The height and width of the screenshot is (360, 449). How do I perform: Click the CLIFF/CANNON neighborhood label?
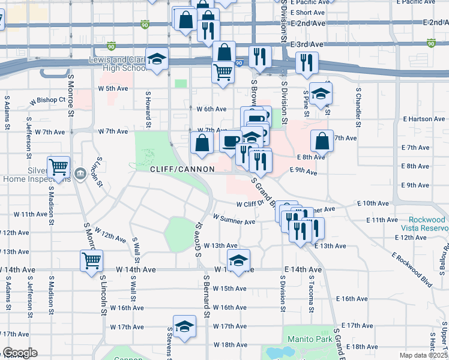[182, 170]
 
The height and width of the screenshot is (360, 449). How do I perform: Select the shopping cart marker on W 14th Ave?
[92, 260]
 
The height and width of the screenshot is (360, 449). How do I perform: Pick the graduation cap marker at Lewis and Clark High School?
[157, 60]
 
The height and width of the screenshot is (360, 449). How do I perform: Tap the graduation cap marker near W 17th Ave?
[185, 326]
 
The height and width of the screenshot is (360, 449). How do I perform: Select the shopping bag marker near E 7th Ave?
[322, 142]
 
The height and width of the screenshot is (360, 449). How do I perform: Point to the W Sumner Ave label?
[234, 221]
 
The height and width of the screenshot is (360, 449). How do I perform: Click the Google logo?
[19, 353]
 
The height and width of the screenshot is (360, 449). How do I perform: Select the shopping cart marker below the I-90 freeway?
[223, 73]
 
